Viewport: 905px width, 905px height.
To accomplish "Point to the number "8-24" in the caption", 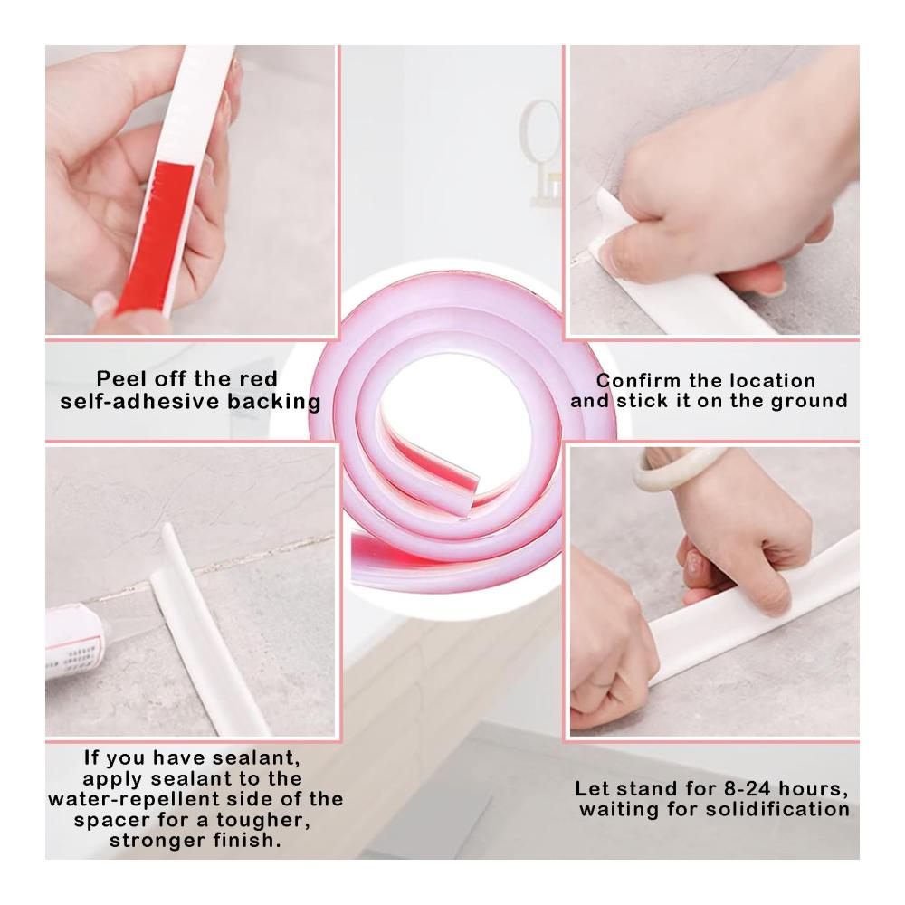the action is point(745,788).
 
